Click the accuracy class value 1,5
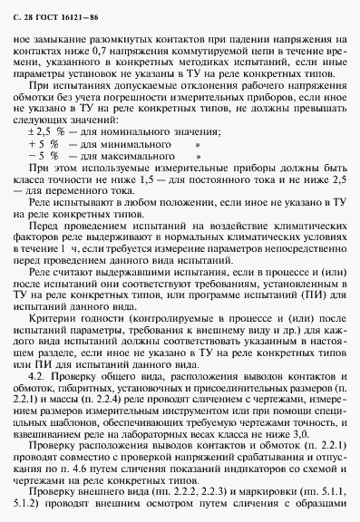(151, 179)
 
